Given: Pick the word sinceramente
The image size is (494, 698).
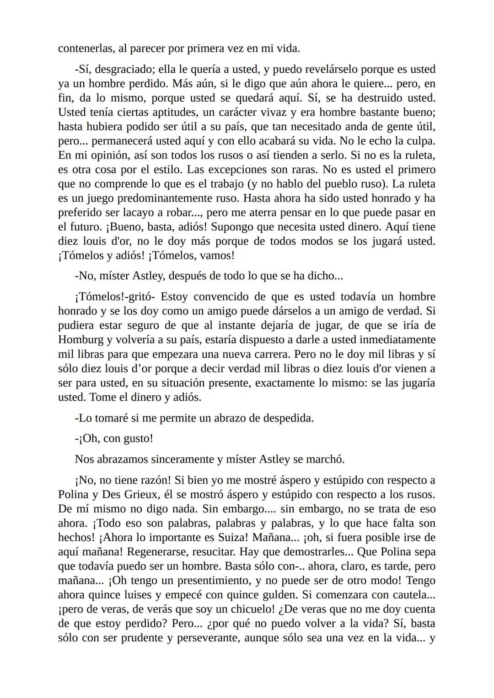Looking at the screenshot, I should pyautogui.click(x=183, y=459).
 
